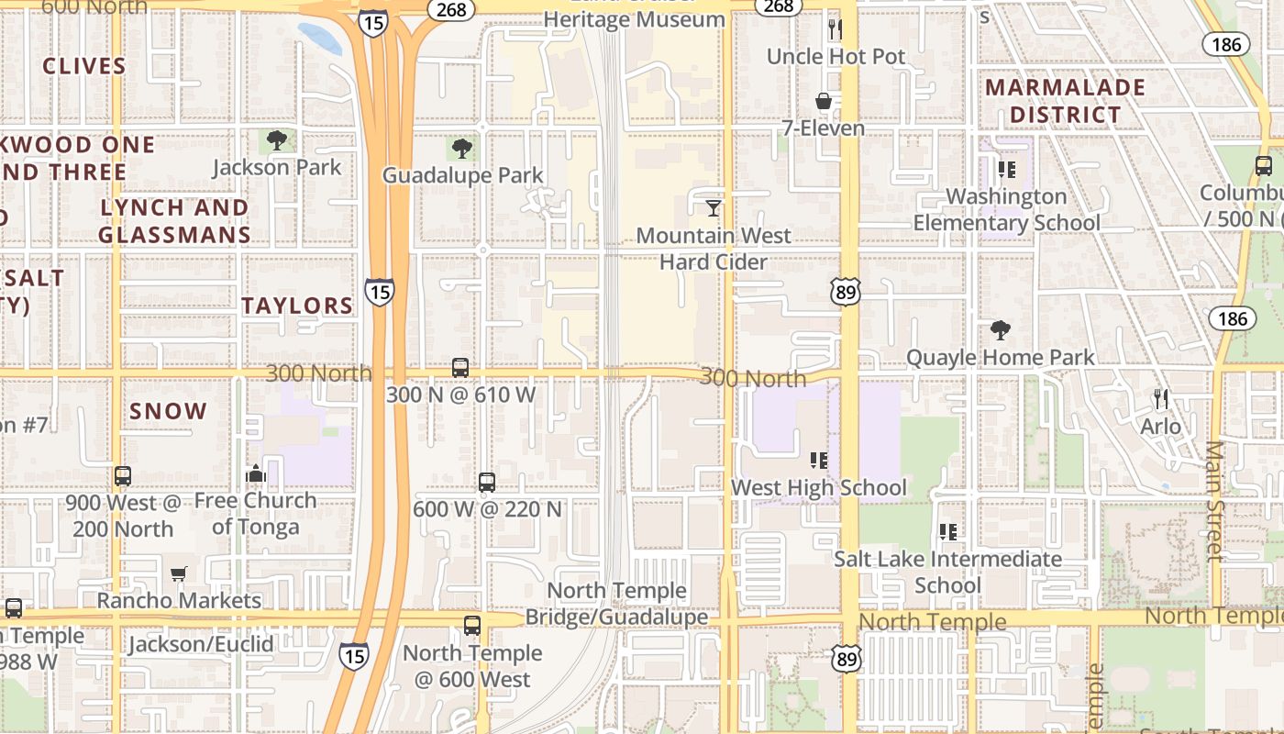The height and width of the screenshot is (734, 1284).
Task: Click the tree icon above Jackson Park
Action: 276,141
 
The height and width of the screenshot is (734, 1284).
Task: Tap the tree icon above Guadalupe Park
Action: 461,148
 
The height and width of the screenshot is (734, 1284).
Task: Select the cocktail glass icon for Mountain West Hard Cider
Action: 714,208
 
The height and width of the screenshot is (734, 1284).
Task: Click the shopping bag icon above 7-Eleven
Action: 824,101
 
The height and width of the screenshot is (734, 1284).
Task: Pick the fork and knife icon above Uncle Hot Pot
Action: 835,28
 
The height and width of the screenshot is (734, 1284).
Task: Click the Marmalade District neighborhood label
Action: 1065,101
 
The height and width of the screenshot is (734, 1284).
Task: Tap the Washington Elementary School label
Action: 1006,210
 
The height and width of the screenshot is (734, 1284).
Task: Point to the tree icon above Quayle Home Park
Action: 1000,330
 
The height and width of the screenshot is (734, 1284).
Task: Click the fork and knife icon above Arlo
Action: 1161,398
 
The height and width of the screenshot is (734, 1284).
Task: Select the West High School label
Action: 818,488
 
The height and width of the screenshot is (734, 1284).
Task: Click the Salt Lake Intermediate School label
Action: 947,572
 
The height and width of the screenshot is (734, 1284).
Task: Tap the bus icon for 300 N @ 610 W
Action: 460,368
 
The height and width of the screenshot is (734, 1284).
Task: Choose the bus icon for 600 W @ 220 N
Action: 487,482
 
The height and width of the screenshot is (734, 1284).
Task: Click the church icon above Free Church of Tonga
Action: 256,473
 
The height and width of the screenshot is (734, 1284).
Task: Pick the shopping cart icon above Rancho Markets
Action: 179,573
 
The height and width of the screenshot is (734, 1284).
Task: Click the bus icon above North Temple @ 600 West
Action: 472,626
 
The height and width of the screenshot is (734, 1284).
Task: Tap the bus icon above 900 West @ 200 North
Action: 123,476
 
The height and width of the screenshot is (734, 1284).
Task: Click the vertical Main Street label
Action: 1215,500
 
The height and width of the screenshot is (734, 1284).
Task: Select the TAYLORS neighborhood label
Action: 297,306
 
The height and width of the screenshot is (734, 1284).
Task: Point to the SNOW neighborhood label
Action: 169,411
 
